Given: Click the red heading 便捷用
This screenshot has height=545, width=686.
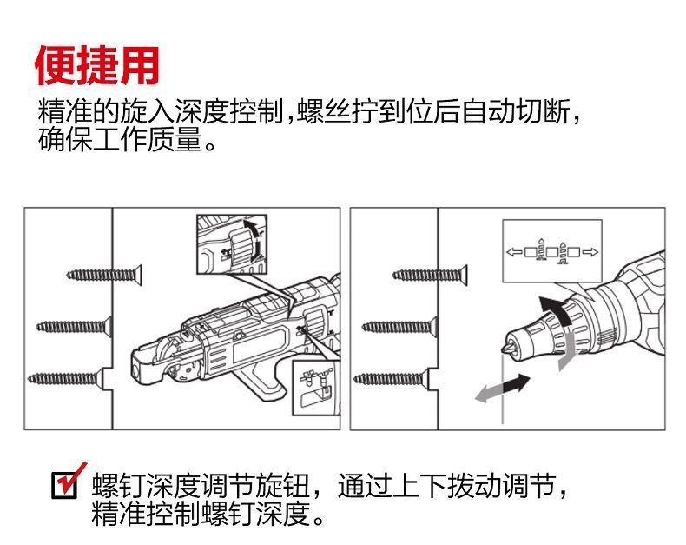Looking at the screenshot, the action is pyautogui.click(x=97, y=63).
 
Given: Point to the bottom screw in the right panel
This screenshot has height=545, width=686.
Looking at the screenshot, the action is pyautogui.click(x=392, y=378).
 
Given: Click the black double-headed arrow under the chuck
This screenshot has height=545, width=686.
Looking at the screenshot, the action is pyautogui.click(x=512, y=383).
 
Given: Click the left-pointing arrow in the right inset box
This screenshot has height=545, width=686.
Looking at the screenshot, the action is pyautogui.click(x=514, y=252).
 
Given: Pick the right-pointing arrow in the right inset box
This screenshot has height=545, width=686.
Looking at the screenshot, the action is pyautogui.click(x=590, y=252).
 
